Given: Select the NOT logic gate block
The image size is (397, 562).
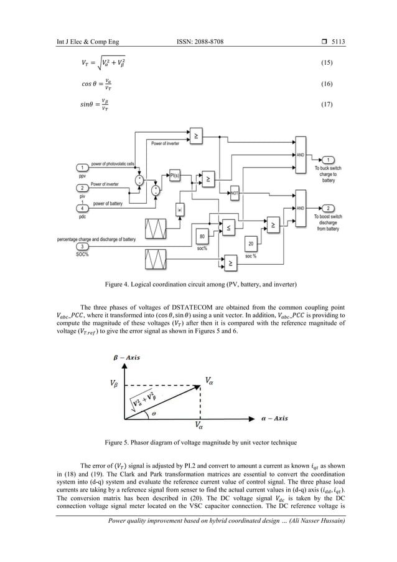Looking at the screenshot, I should [235, 193].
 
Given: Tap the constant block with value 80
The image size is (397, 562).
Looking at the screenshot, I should [202, 236].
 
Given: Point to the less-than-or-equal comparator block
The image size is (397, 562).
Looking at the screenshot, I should [228, 229].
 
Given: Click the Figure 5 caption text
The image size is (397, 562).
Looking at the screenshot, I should [198, 442].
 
